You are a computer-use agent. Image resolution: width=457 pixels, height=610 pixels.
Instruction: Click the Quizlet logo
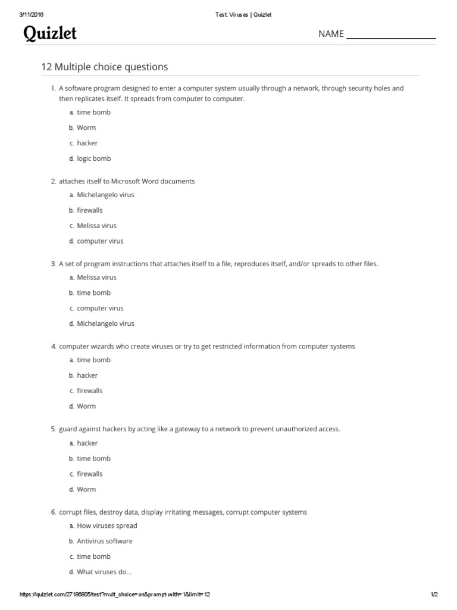click(x=50, y=34)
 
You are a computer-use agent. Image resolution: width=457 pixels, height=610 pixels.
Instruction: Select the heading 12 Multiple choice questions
click(x=104, y=67)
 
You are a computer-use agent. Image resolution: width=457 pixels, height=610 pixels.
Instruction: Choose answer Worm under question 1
click(x=86, y=127)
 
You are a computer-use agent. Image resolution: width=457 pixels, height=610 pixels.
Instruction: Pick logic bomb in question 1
click(x=93, y=158)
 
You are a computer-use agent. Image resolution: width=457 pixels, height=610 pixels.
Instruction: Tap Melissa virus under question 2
click(x=96, y=226)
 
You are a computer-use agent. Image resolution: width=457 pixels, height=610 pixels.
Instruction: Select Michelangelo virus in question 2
click(x=105, y=195)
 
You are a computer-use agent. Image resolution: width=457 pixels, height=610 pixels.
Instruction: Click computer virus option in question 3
click(x=100, y=309)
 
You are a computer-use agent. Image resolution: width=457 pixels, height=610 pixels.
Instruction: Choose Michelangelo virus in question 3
click(x=105, y=324)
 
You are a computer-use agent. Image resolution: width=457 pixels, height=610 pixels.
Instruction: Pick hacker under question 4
click(x=87, y=375)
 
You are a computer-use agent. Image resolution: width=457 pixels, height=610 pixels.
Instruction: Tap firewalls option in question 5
click(x=89, y=474)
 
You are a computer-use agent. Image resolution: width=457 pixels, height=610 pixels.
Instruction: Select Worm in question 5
click(x=86, y=490)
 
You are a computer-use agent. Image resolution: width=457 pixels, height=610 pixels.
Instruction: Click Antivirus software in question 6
click(x=105, y=541)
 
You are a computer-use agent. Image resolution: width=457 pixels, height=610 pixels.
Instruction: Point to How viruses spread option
click(x=107, y=526)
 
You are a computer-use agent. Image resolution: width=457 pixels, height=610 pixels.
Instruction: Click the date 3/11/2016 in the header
click(x=32, y=15)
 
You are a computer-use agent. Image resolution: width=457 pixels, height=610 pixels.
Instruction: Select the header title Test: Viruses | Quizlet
click(x=243, y=15)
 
